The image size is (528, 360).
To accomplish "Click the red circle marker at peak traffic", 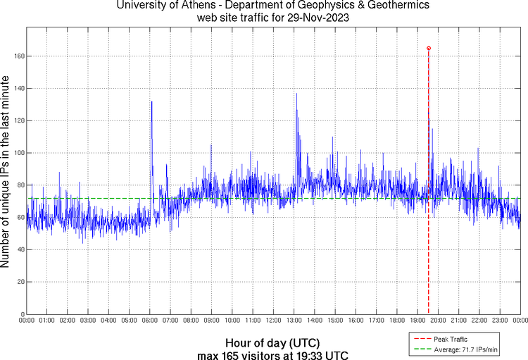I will click(429, 48).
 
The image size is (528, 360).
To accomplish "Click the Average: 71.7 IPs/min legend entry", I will click(460, 349).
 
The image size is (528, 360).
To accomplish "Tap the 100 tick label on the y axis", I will click(19, 153).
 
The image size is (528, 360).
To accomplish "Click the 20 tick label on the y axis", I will click(20, 282).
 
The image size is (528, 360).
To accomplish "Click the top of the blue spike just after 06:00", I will click(151, 101).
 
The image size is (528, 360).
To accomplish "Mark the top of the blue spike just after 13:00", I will click(296, 94).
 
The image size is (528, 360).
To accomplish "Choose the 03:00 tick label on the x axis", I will click(88, 321).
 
